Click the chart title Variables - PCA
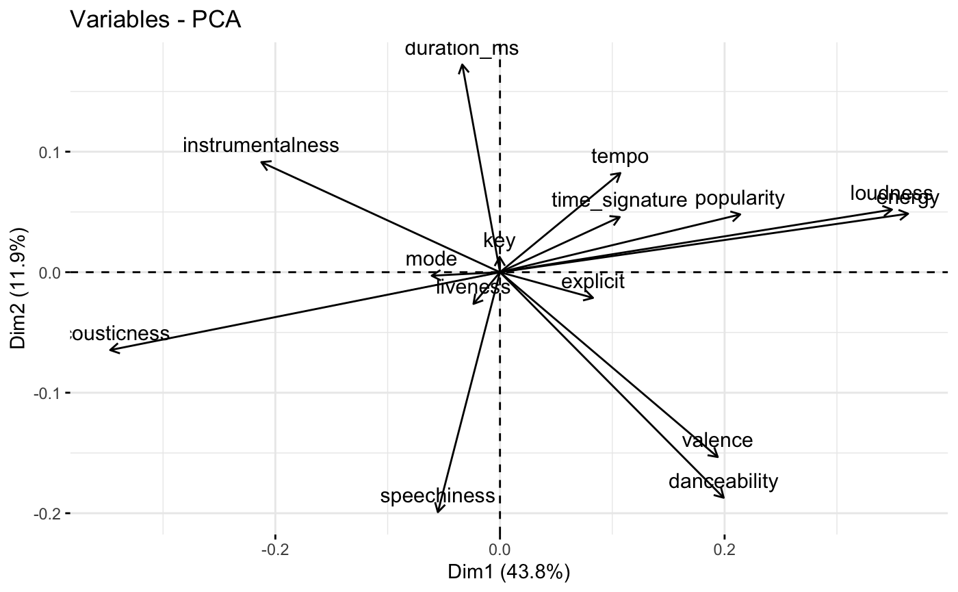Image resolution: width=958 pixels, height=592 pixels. (155, 21)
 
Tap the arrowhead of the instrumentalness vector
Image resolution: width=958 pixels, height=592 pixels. (263, 163)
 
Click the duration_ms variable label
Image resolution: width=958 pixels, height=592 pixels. (462, 49)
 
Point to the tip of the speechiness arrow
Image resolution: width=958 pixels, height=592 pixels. (438, 512)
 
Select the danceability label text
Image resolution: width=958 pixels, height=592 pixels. (723, 482)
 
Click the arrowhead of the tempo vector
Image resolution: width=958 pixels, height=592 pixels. (620, 174)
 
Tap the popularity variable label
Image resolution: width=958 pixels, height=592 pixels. (740, 199)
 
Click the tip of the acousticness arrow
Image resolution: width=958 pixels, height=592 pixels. (111, 351)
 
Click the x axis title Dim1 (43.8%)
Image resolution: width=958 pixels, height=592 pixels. (508, 572)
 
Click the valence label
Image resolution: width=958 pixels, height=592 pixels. (717, 441)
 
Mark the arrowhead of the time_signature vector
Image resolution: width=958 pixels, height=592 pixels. (620, 218)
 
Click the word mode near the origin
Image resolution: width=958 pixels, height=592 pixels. (430, 259)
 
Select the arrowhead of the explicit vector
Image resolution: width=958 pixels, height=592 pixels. (593, 297)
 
